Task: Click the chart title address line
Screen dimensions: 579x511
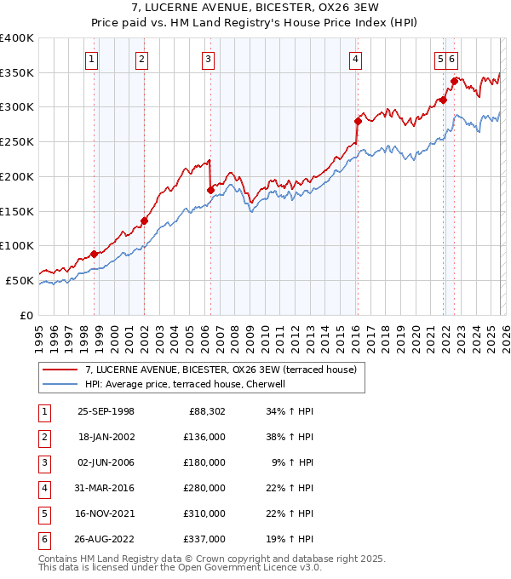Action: (x=255, y=8)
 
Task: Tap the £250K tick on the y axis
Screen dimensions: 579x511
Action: (x=17, y=141)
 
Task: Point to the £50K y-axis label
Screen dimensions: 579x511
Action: (x=20, y=280)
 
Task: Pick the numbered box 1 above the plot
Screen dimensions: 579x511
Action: (x=91, y=59)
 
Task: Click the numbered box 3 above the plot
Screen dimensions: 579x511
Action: (x=209, y=59)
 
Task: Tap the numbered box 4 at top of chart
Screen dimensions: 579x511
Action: (x=355, y=59)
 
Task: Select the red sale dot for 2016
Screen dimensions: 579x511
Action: (x=358, y=121)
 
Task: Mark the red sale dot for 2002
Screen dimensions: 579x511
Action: (x=144, y=221)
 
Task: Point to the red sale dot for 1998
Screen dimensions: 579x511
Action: (x=94, y=254)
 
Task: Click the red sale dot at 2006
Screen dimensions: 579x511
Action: (x=210, y=190)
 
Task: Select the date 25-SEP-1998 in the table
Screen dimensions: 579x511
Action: (x=106, y=411)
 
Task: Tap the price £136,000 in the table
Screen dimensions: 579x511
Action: (x=204, y=437)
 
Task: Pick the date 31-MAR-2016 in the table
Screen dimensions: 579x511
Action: (x=106, y=488)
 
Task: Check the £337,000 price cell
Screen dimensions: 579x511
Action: (x=204, y=539)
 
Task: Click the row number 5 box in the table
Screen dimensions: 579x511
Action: (x=43, y=513)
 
